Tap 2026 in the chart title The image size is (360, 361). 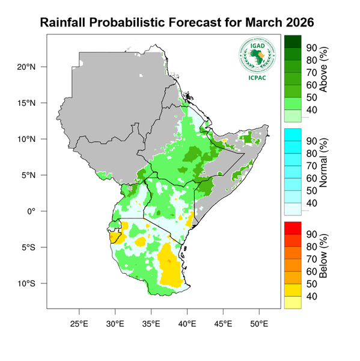[x=296, y=23]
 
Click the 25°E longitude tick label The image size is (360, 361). [x=79, y=323]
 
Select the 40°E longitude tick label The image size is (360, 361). [x=187, y=323]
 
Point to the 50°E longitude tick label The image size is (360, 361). [x=259, y=323]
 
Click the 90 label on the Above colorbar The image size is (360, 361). [x=312, y=48]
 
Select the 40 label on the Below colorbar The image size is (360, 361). [x=312, y=297]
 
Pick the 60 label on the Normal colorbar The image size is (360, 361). [x=312, y=178]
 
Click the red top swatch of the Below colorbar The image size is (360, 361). [x=293, y=227]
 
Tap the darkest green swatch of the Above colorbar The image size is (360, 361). [x=293, y=41]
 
